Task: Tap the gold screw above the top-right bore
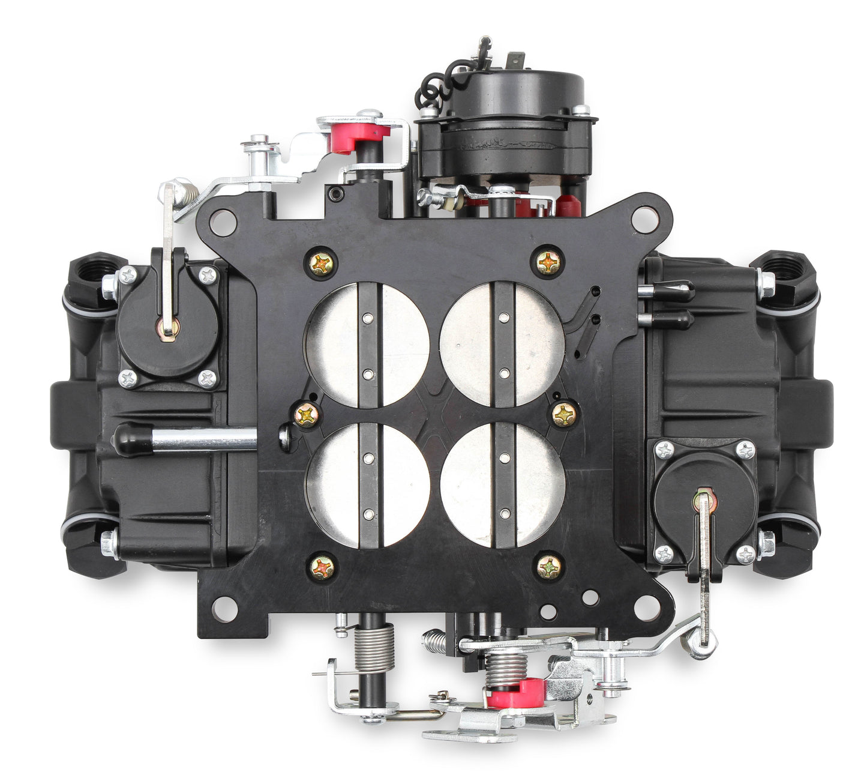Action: coord(547,262)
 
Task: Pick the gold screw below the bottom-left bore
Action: coord(322,566)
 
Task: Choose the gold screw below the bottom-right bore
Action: coord(549,566)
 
